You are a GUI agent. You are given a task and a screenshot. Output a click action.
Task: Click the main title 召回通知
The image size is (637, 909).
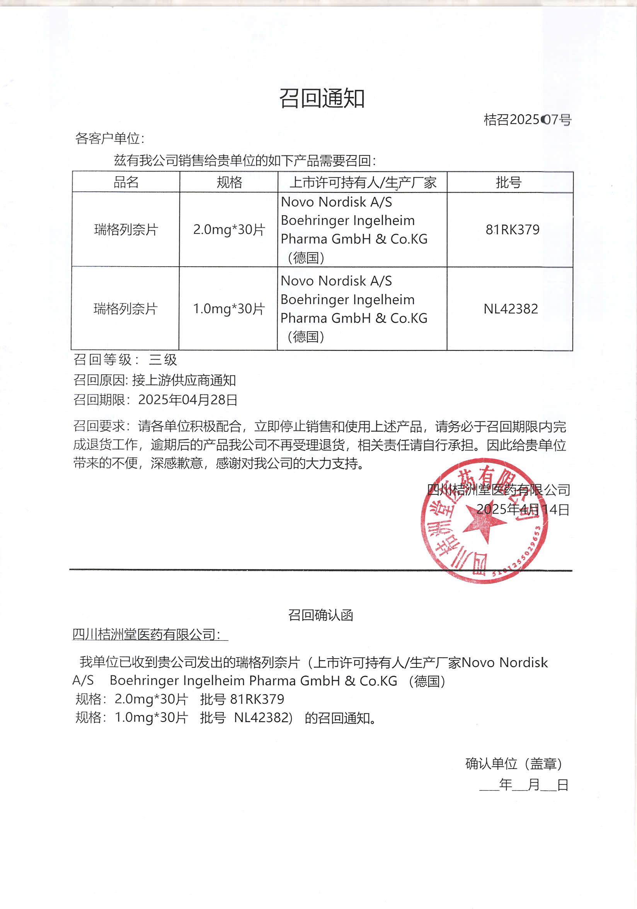click(322, 98)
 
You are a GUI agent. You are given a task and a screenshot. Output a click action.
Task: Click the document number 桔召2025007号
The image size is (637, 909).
click(527, 119)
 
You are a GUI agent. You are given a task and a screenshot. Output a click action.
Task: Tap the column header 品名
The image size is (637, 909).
click(126, 182)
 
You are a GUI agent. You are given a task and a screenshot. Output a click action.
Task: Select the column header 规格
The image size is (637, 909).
click(229, 182)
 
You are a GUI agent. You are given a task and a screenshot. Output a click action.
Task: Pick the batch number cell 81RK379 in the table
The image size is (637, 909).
click(512, 230)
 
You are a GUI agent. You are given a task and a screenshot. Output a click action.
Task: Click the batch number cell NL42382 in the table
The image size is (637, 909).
click(511, 309)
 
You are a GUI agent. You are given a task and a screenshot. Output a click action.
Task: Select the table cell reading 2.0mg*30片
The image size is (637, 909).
click(229, 230)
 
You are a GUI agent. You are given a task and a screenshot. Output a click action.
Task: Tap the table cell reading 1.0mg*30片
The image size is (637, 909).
click(228, 309)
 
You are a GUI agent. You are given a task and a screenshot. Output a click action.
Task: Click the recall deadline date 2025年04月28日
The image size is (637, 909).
click(187, 400)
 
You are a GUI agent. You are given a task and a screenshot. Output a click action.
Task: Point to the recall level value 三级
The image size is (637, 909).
click(163, 360)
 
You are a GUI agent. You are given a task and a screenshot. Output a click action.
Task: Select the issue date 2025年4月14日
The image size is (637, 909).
click(523, 509)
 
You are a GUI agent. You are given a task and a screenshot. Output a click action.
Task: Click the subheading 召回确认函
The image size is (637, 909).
click(320, 615)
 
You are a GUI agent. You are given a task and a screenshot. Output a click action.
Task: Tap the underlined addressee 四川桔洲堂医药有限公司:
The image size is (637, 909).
click(146, 635)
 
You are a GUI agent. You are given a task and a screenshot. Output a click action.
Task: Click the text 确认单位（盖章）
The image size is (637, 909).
click(514, 764)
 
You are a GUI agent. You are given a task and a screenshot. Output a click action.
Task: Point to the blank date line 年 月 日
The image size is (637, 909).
click(523, 785)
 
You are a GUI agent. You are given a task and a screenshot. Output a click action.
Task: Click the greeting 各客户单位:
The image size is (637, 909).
click(110, 139)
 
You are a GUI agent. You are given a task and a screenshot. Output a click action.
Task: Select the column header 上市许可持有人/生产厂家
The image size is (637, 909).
click(363, 182)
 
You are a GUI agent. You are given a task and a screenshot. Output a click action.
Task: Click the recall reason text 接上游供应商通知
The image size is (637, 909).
click(184, 380)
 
